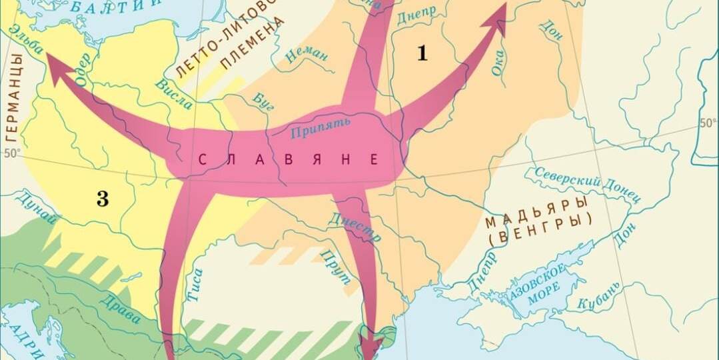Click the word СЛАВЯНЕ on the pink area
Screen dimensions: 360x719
[289, 160]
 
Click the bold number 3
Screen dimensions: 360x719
[103, 199]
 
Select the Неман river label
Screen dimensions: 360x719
[307, 54]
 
